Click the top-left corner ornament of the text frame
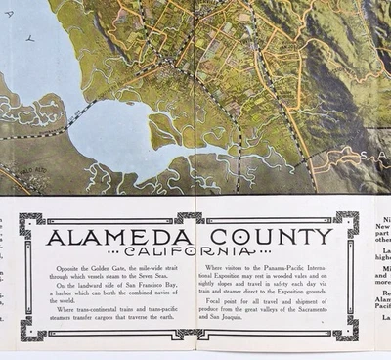point(31,224)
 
